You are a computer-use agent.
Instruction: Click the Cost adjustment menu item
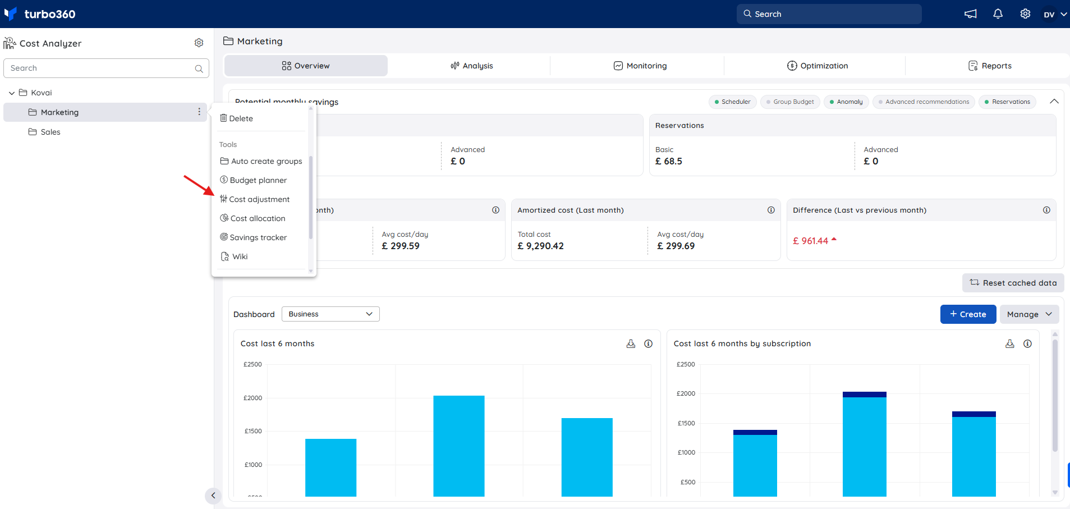pyautogui.click(x=255, y=199)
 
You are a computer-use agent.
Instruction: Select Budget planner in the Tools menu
pyautogui.click(x=253, y=180)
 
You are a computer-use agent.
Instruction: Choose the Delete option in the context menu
pyautogui.click(x=236, y=118)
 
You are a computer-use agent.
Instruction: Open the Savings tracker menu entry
pyautogui.click(x=253, y=237)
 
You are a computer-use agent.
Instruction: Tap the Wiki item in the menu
pyautogui.click(x=234, y=256)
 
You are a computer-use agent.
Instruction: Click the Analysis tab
pyautogui.click(x=471, y=66)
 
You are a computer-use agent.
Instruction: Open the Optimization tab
pyautogui.click(x=817, y=66)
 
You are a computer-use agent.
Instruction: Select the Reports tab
pyautogui.click(x=990, y=66)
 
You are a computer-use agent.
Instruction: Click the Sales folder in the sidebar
pyautogui.click(x=44, y=132)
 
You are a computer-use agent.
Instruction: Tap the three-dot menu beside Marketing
pyautogui.click(x=199, y=112)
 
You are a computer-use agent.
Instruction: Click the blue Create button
pyautogui.click(x=968, y=314)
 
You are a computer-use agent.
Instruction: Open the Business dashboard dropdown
pyautogui.click(x=330, y=314)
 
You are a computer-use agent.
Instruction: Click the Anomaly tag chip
pyautogui.click(x=846, y=102)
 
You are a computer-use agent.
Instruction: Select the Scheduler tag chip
pyautogui.click(x=732, y=102)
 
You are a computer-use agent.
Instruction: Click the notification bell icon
pyautogui.click(x=998, y=14)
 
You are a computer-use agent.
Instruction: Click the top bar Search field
pyautogui.click(x=829, y=14)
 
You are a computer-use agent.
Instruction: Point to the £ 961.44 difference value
pyautogui.click(x=810, y=241)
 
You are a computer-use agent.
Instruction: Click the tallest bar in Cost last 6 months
pyautogui.click(x=458, y=446)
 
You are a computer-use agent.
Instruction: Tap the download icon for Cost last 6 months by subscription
pyautogui.click(x=1009, y=343)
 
